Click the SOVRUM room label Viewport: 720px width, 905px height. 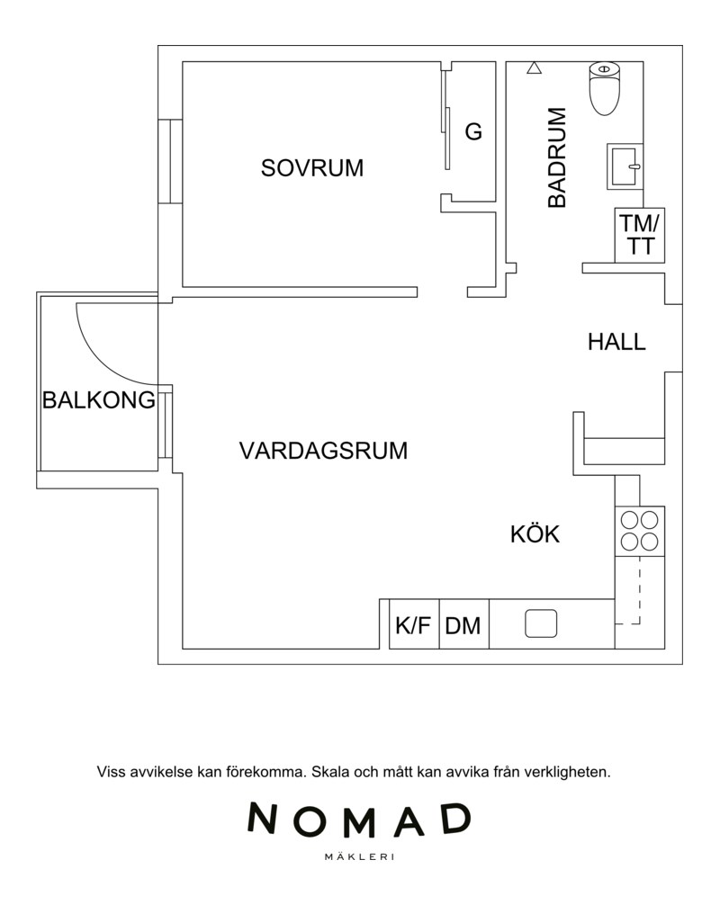point(311,168)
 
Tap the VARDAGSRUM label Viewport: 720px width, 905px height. point(323,450)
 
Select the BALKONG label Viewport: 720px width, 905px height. point(99,399)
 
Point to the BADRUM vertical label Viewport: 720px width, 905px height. point(557,157)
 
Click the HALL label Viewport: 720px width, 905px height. point(616,342)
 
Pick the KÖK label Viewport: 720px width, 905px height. point(535,533)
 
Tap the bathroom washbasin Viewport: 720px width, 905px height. point(625,166)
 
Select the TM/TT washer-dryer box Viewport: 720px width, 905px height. point(640,235)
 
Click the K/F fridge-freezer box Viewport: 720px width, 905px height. point(414,624)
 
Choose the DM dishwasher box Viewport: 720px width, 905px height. point(464,624)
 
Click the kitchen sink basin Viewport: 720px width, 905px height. point(541,623)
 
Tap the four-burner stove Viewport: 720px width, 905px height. point(640,531)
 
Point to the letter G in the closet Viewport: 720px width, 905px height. point(473,132)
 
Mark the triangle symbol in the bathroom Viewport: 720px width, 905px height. point(535,68)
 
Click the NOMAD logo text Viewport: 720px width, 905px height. point(360,820)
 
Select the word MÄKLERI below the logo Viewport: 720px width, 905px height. point(360,857)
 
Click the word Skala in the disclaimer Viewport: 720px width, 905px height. point(330,772)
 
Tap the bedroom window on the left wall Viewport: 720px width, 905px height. point(170,161)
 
